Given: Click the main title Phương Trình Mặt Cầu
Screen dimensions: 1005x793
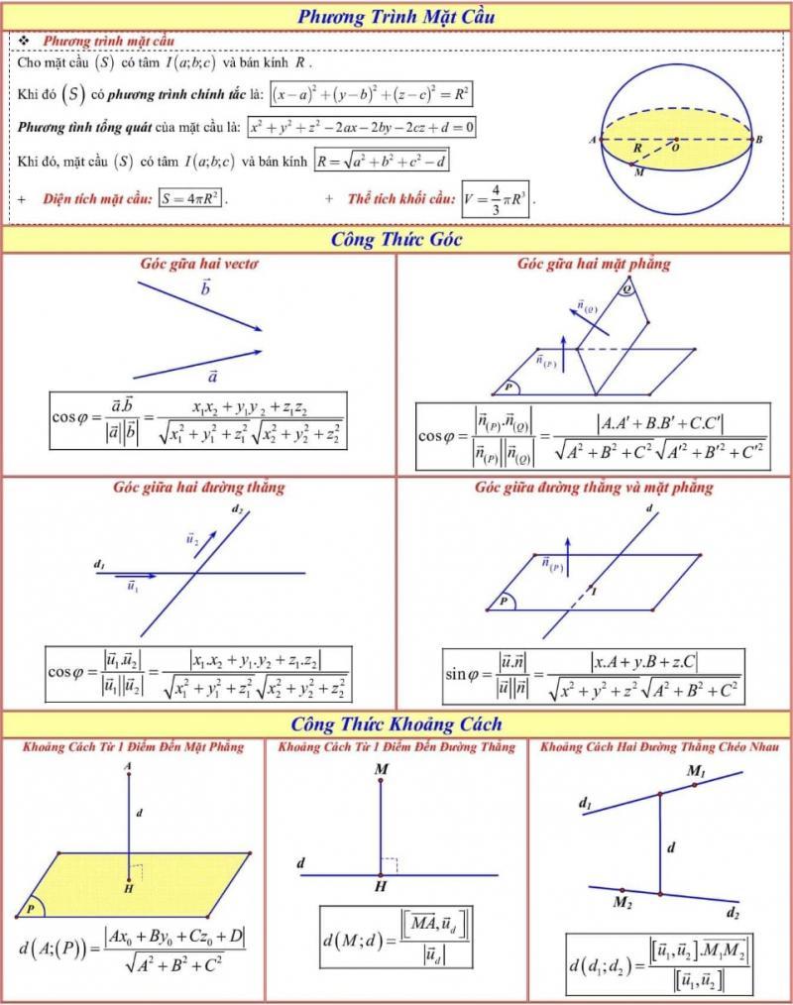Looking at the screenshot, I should coord(396,16).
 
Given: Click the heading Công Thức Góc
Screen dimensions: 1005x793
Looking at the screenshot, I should coord(396,239).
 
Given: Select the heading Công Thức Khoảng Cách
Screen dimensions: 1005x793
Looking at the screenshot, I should coord(396,724).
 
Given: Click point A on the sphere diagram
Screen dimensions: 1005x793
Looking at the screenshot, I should coord(592,141).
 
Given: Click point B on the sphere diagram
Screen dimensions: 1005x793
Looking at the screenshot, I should coord(759,141).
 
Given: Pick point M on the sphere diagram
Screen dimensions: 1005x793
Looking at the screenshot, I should coord(638,170).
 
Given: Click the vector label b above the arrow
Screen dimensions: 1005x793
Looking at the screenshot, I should coord(205,288).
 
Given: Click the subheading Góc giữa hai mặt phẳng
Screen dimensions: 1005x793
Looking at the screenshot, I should coord(594,264).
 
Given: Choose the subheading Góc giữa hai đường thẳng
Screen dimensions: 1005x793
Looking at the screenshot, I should coord(199,487).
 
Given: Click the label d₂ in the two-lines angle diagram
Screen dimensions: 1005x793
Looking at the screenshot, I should coord(237,509).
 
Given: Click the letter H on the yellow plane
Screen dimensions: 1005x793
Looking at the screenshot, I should coord(129,889).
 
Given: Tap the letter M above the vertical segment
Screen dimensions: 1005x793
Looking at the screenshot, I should coord(381,769).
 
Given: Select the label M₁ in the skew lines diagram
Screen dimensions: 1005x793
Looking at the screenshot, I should coord(697,771).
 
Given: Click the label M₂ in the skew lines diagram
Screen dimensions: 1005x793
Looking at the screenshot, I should coord(623,902).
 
